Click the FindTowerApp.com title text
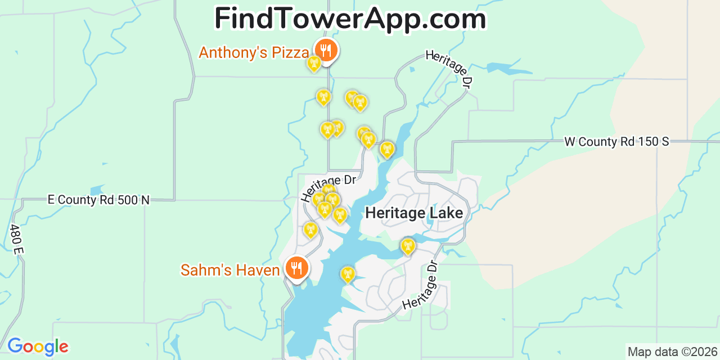pyautogui.click(x=350, y=19)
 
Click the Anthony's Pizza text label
pyautogui.click(x=254, y=53)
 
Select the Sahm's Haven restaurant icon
pyautogui.click(x=296, y=268)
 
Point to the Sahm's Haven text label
pyautogui.click(x=230, y=271)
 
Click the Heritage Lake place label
pyautogui.click(x=414, y=213)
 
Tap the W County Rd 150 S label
pyautogui.click(x=616, y=142)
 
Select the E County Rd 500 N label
pyautogui.click(x=98, y=200)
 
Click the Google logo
pyautogui.click(x=38, y=346)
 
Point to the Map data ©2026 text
pyautogui.click(x=672, y=352)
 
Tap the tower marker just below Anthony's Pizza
pyautogui.click(x=314, y=63)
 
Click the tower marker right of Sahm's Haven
pyautogui.click(x=348, y=274)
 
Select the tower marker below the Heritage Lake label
pyautogui.click(x=407, y=246)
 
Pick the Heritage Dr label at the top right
pyautogui.click(x=448, y=69)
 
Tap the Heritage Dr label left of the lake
pyautogui.click(x=328, y=187)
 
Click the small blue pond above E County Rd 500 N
pyautogui.click(x=96, y=190)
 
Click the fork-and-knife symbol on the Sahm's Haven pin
pyautogui.click(x=296, y=267)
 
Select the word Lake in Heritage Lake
pyautogui.click(x=444, y=213)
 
